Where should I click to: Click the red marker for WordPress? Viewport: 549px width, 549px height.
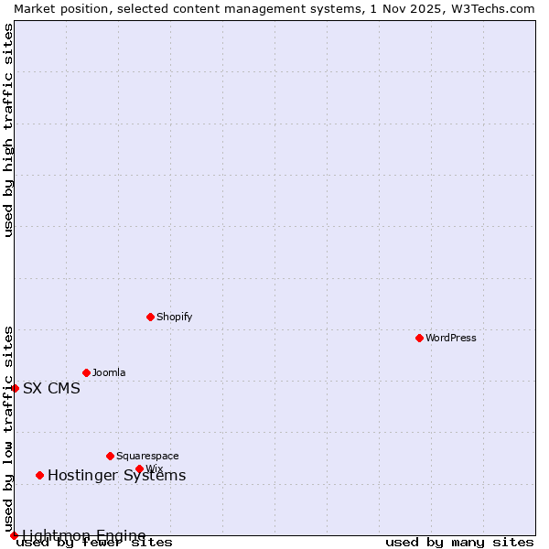tap(419, 338)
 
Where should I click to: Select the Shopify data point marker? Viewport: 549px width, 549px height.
tap(150, 317)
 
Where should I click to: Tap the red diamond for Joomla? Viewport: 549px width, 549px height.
tap(86, 372)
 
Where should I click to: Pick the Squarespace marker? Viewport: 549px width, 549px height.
tap(110, 456)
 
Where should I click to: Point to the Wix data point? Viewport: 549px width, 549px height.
tap(139, 468)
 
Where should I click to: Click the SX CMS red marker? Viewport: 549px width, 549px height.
tap(15, 388)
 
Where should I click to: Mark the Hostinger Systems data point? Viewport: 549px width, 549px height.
tap(39, 475)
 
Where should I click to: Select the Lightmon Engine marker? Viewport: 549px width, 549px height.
tap(14, 535)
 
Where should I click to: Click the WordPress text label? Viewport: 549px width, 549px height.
tap(451, 338)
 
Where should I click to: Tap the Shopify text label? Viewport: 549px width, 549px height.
tap(174, 317)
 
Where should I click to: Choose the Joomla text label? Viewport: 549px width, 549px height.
tap(109, 372)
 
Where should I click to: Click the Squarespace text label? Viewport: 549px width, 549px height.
tap(147, 456)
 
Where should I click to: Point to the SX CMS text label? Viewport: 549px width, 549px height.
tap(51, 388)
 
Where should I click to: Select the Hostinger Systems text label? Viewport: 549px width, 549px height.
tap(116, 475)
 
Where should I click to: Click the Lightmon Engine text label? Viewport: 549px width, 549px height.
tap(83, 535)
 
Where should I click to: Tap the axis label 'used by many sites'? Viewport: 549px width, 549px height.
tap(459, 542)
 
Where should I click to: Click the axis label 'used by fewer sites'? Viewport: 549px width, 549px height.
tap(95, 542)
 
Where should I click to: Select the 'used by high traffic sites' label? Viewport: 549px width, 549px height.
tap(8, 130)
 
